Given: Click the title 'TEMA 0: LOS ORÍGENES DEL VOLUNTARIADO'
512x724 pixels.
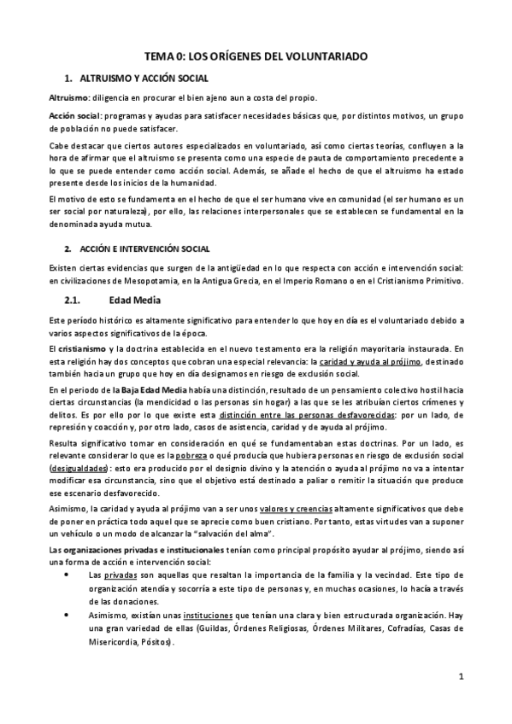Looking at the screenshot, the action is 256,56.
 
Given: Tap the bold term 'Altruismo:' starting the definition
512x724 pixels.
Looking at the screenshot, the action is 71,99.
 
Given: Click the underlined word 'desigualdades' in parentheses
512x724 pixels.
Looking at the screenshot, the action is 79,470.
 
